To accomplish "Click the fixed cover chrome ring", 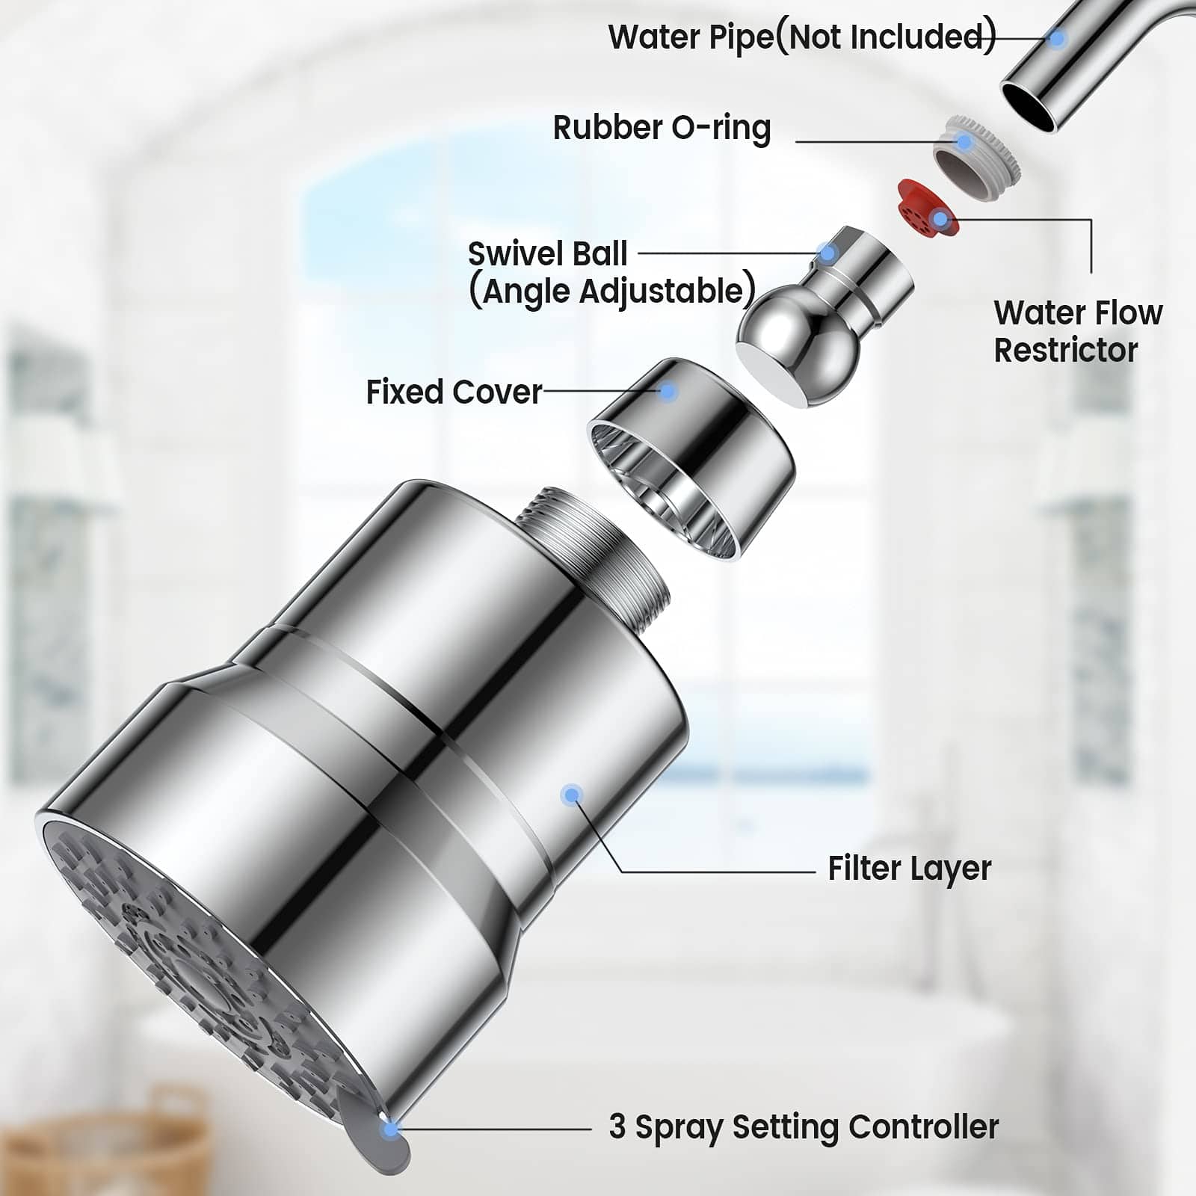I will coord(691,456).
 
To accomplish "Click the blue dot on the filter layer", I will coord(572,795).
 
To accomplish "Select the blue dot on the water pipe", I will coord(1057,39).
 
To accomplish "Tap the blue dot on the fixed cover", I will coord(668,391).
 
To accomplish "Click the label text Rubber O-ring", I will coord(662,128).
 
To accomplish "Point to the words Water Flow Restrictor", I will coord(1077,331).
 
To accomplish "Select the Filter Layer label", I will coord(909,869).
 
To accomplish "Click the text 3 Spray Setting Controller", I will coord(804,1127).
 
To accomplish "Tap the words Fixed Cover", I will coord(454,392).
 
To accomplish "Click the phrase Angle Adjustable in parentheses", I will coord(611,291).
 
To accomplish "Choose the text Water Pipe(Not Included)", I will coord(801,37).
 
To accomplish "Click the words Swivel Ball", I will coord(547,254).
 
